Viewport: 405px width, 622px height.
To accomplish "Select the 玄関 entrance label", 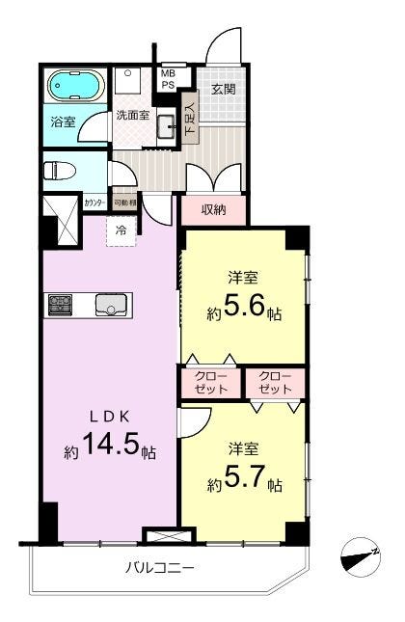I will point(224,89).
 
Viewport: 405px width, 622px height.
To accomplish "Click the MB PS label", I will point(168,79).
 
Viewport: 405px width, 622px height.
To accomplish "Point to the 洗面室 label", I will point(131,115).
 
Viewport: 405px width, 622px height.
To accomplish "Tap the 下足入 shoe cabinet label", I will point(190,119).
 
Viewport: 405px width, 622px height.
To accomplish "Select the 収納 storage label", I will point(213,209).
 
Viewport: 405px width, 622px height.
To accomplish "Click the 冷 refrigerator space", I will point(121,231).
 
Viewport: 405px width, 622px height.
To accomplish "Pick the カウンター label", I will point(94,203).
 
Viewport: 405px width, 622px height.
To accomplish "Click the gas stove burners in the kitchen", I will point(59,307).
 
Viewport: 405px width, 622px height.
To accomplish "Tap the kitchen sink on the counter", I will point(111,307).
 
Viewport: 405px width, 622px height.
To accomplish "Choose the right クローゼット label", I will point(275,382).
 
